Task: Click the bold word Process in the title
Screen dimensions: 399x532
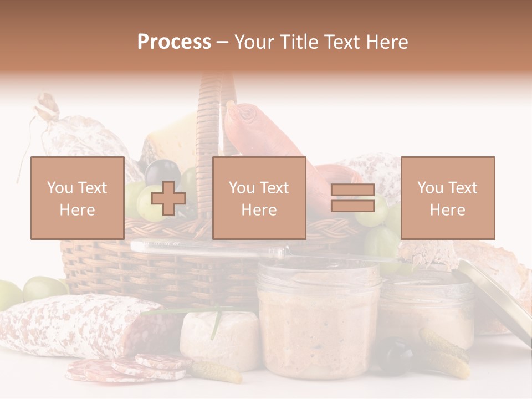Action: (174, 42)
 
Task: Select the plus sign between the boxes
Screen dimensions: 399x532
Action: (168, 198)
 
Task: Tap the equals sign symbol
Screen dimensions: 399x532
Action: (352, 198)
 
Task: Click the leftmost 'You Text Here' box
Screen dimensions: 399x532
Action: (77, 198)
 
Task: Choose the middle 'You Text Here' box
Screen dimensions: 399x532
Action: (259, 198)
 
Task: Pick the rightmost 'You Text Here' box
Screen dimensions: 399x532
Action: (447, 198)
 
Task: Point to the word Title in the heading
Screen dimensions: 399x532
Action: (299, 42)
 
